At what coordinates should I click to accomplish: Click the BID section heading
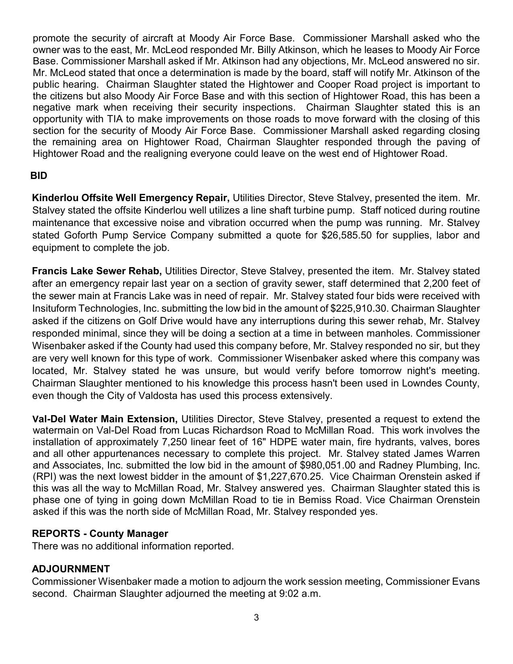point(39,176)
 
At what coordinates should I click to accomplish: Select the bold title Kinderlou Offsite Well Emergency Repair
point(130,198)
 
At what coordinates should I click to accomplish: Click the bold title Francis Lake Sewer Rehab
point(97,271)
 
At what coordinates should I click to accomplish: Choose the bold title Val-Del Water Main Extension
point(105,419)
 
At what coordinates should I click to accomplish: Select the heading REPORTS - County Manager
point(100,534)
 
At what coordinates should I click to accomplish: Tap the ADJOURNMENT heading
point(71,569)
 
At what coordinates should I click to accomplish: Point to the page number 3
point(256,618)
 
